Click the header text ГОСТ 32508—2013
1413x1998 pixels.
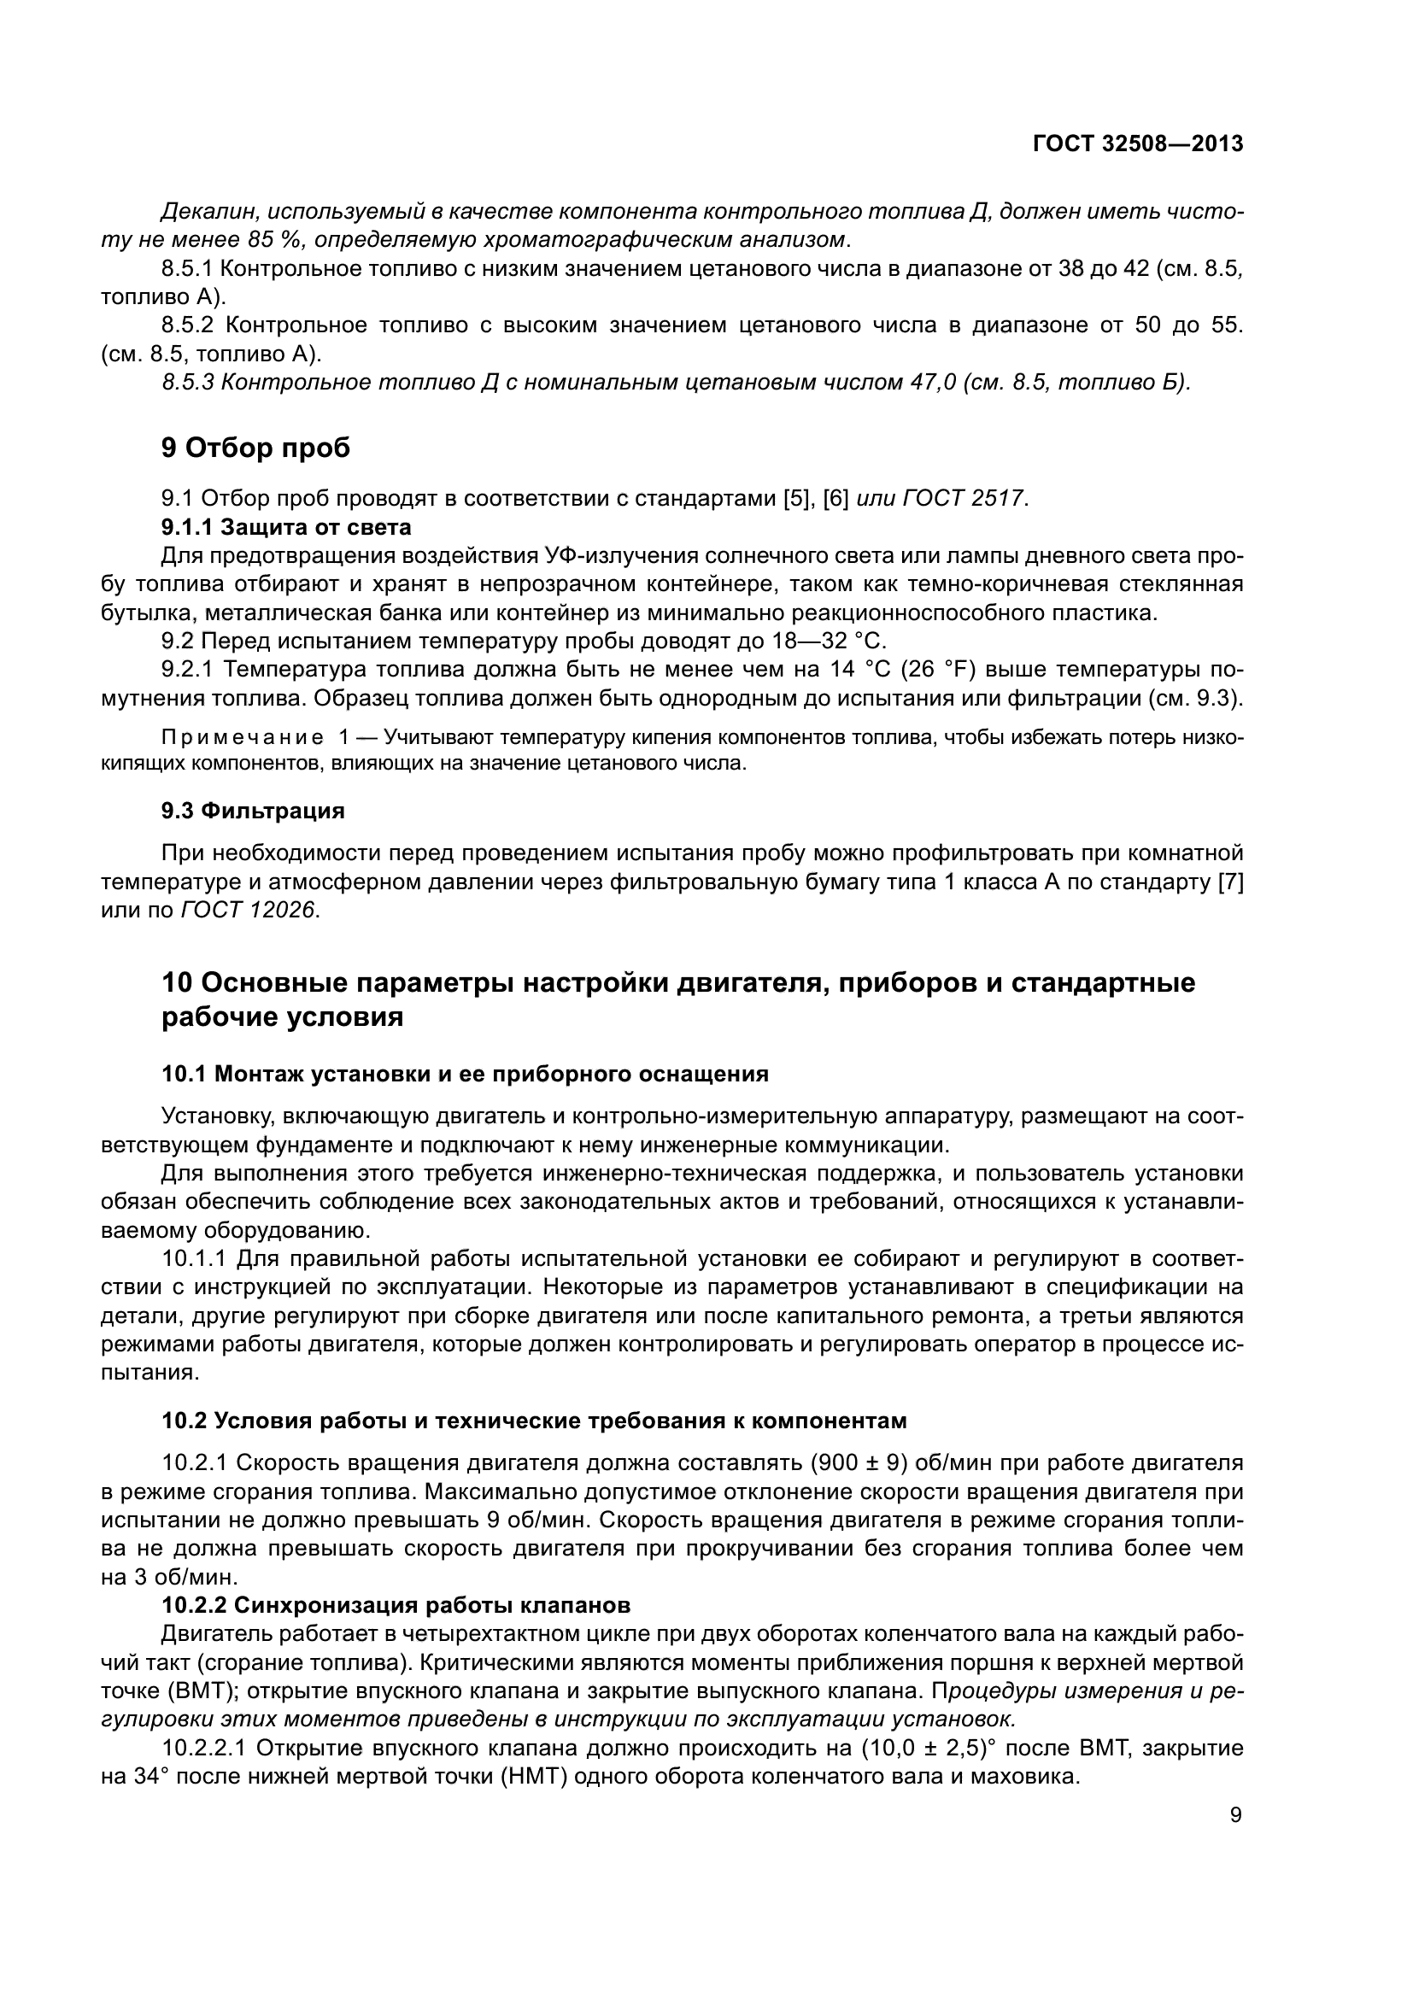[1137, 144]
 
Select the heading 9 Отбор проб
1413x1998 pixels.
[255, 448]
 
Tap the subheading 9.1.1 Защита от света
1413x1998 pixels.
[286, 527]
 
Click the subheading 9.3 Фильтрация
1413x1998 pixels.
[253, 811]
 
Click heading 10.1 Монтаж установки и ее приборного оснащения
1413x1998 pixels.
[465, 1075]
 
